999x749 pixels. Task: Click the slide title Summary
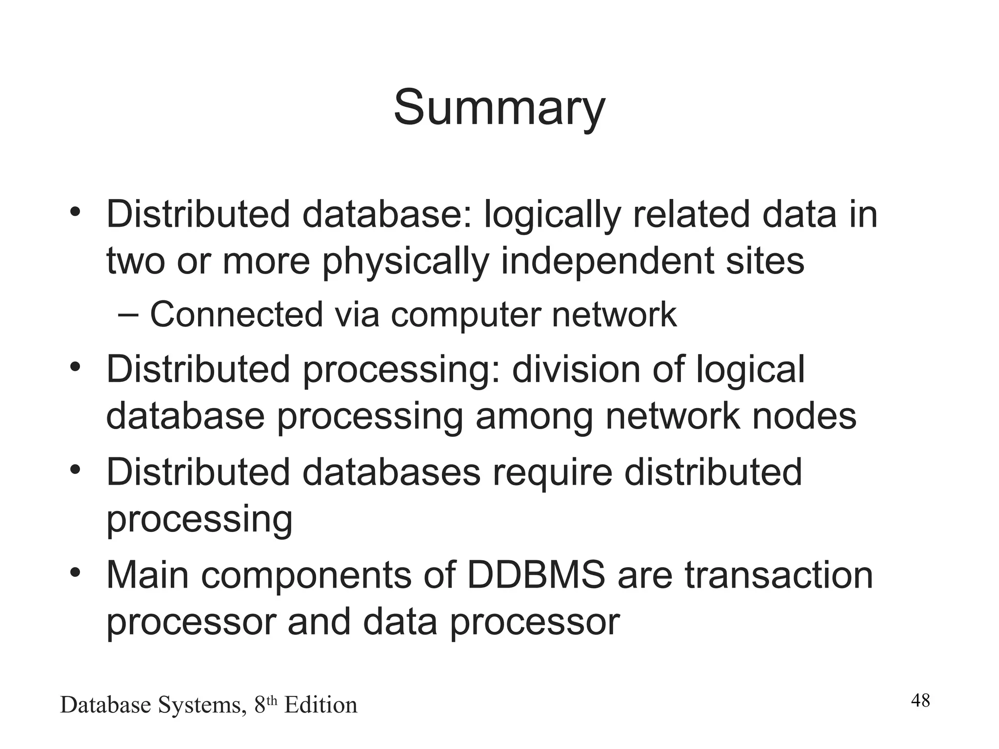click(x=499, y=108)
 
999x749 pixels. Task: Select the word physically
click(x=405, y=261)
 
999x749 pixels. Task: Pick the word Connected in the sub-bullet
click(x=236, y=315)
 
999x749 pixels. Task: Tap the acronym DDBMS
click(x=536, y=575)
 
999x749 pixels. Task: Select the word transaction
click(x=779, y=575)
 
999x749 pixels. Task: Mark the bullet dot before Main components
click(x=75, y=572)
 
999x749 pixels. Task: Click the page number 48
click(x=920, y=701)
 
